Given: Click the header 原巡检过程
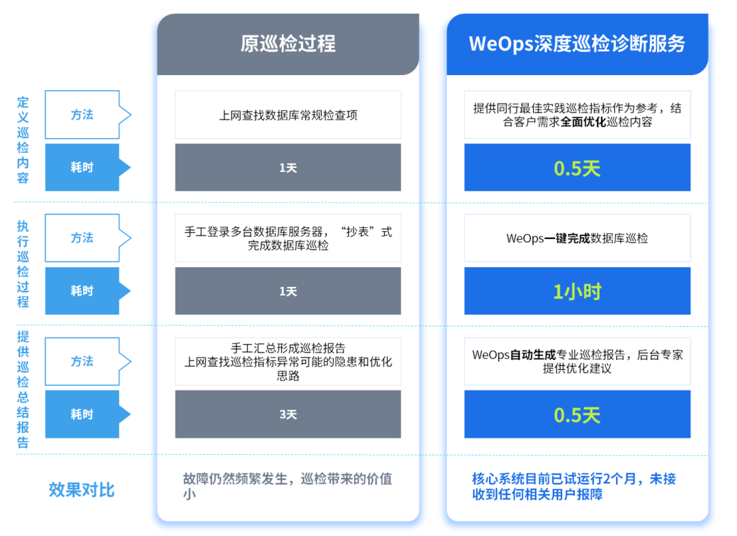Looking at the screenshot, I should pyautogui.click(x=287, y=44).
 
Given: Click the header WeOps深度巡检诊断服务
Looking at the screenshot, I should pyautogui.click(x=577, y=44).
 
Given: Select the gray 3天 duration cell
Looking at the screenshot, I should pyautogui.click(x=287, y=414).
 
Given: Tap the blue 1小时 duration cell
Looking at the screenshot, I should pyautogui.click(x=577, y=292).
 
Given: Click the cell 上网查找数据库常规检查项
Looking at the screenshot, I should pyautogui.click(x=287, y=115).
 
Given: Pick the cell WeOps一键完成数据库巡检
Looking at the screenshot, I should pyautogui.click(x=577, y=238).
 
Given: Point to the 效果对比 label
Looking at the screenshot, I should pyautogui.click(x=82, y=490).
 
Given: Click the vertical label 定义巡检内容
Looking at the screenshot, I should pyautogui.click(x=23, y=141).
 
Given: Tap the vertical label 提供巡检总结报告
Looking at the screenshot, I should pyautogui.click(x=23, y=389).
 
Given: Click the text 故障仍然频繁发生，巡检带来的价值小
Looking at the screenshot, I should pyautogui.click(x=287, y=485).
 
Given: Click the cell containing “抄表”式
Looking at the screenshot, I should pyautogui.click(x=287, y=238).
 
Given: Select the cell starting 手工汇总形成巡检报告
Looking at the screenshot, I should pyautogui.click(x=287, y=362).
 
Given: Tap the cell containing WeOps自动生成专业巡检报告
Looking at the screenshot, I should pyautogui.click(x=577, y=361).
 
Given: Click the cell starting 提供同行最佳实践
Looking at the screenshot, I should pyautogui.click(x=577, y=115).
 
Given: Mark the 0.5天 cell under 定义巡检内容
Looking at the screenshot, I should pyautogui.click(x=577, y=168).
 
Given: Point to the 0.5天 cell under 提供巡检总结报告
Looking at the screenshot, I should pyautogui.click(x=577, y=414).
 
